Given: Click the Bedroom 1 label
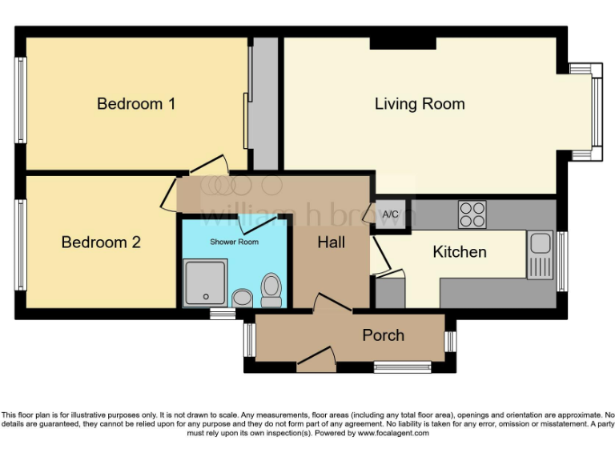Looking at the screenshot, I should (x=136, y=103).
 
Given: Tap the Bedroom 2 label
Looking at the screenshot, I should (x=101, y=242).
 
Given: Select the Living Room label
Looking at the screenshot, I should (x=420, y=103).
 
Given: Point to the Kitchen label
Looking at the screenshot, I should (x=460, y=252).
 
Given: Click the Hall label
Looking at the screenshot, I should (x=331, y=241).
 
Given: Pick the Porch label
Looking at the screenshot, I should (x=384, y=335).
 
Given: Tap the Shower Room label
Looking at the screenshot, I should (x=234, y=241).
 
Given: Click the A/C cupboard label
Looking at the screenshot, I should (x=391, y=214).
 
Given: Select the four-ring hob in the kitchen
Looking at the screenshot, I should (x=472, y=214).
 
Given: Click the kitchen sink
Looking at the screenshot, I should (x=539, y=255).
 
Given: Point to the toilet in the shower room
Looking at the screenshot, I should (x=271, y=291).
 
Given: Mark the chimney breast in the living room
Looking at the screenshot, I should (x=403, y=42).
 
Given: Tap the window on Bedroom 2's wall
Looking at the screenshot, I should (x=22, y=244).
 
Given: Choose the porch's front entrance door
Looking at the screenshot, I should (x=315, y=357).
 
